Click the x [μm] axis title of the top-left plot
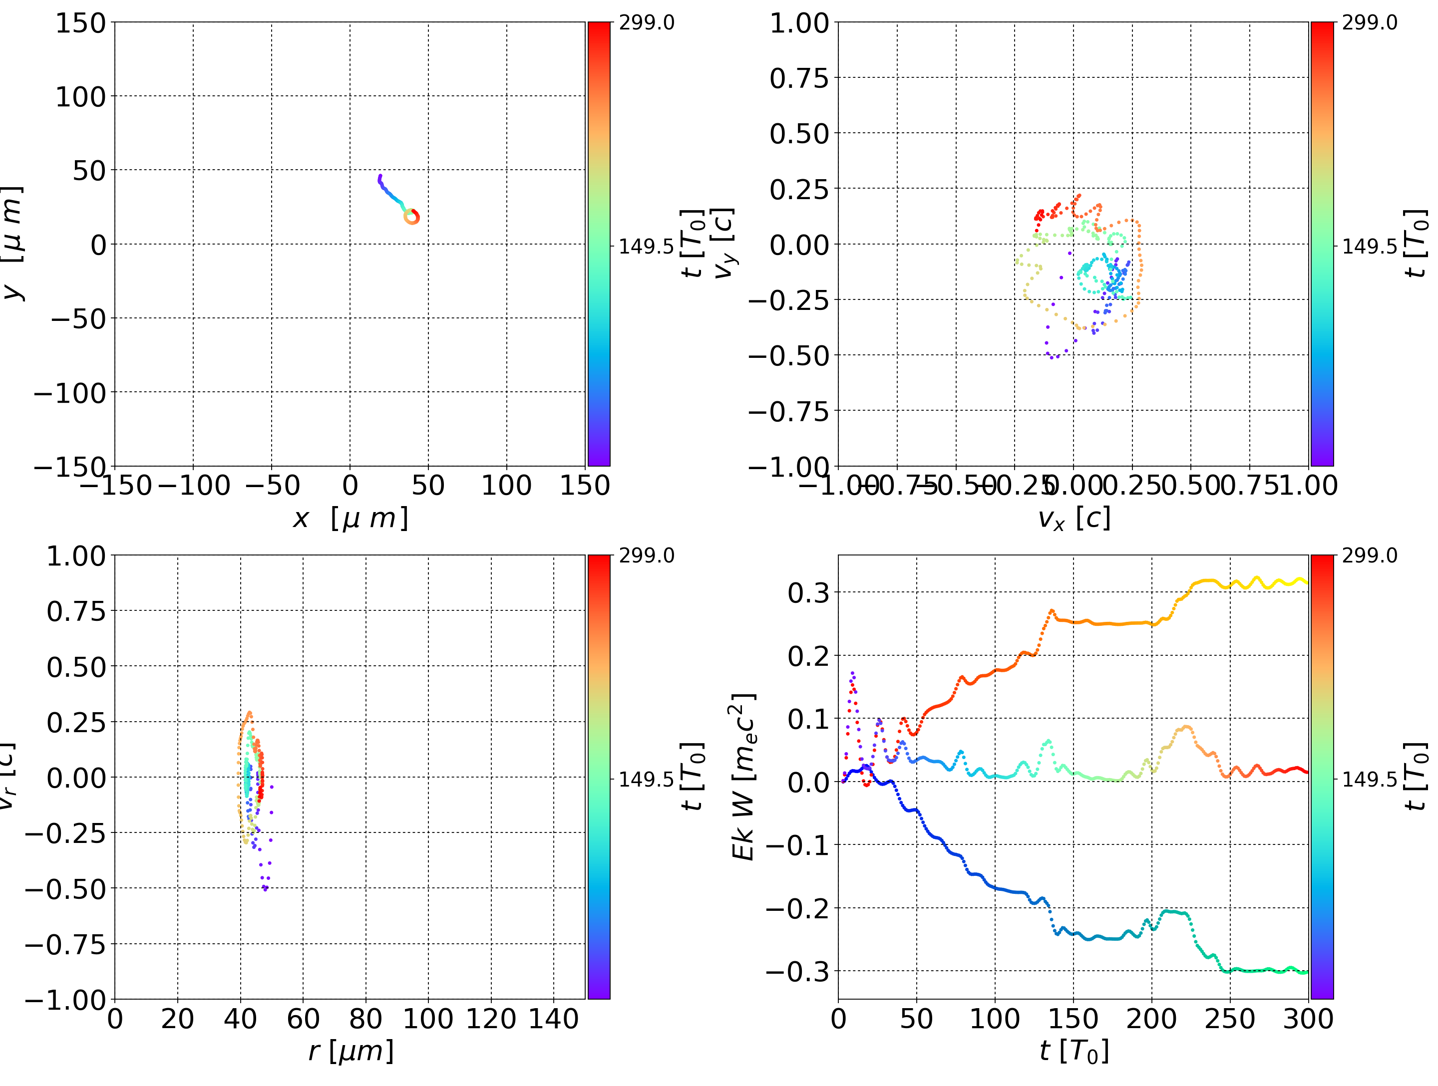pyautogui.click(x=351, y=518)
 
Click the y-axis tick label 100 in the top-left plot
pyautogui.click(x=80, y=97)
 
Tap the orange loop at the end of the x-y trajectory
pyautogui.click(x=411, y=217)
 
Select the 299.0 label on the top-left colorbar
pyautogui.click(x=646, y=23)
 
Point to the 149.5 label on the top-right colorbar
pyautogui.click(x=1369, y=247)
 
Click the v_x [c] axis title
pyautogui.click(x=1074, y=518)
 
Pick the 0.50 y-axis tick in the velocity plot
pyautogui.click(x=799, y=134)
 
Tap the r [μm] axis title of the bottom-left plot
pyautogui.click(x=351, y=1051)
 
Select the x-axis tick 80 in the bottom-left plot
pyautogui.click(x=365, y=1019)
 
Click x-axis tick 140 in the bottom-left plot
pyautogui.click(x=554, y=1019)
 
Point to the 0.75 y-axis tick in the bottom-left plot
pyautogui.click(x=76, y=611)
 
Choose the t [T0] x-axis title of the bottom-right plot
pyautogui.click(x=1074, y=1051)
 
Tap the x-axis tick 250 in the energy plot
pyautogui.click(x=1230, y=1019)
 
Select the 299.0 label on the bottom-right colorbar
pyautogui.click(x=1369, y=555)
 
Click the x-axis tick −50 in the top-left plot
pyautogui.click(x=272, y=486)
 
